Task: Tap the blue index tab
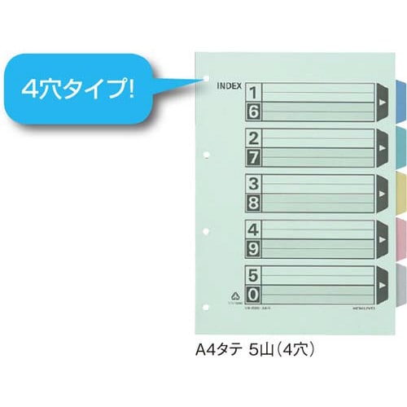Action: click(400, 101)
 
